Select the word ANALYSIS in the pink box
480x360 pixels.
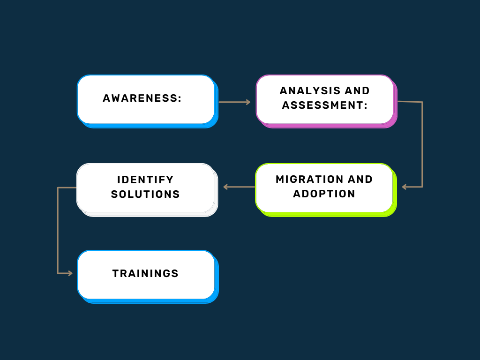pyautogui.click(x=310, y=90)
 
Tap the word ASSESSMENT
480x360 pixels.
pyautogui.click(x=322, y=105)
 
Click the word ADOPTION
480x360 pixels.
pyautogui.click(x=324, y=194)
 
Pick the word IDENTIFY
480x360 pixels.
pyautogui.click(x=145, y=180)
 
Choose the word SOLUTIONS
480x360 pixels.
pyautogui.click(x=145, y=195)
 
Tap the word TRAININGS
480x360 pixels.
pyautogui.click(x=145, y=273)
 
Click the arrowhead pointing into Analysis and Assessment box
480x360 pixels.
pyautogui.click(x=248, y=102)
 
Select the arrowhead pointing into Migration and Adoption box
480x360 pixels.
pyautogui.click(x=405, y=187)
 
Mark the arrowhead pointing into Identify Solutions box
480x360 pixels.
pyautogui.click(x=225, y=187)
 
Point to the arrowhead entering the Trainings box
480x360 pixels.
pyautogui.click(x=70, y=273)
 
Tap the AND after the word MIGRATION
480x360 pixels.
pyautogui.click(x=360, y=179)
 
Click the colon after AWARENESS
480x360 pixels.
pyautogui.click(x=180, y=98)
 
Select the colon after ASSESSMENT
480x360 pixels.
pyautogui.click(x=366, y=105)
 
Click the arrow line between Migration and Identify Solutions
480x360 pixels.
pyautogui.click(x=239, y=187)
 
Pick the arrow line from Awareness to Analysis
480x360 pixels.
pyautogui.click(x=234, y=102)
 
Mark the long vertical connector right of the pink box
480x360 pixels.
pyautogui.click(x=422, y=144)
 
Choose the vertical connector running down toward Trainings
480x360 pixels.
pyautogui.click(x=58, y=230)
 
